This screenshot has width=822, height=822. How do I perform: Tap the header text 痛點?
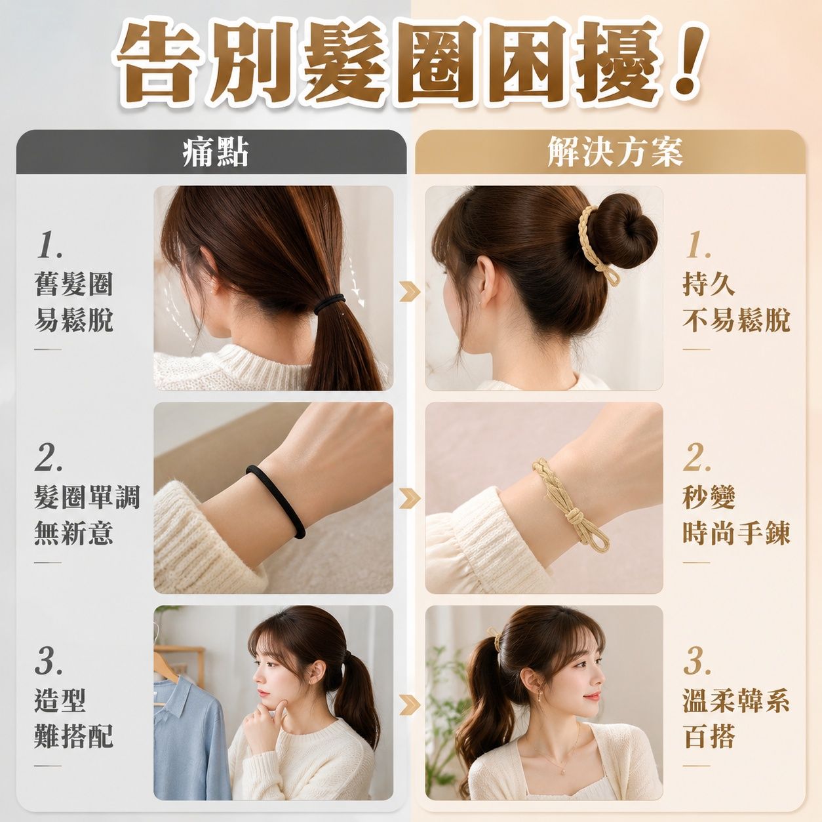click(216, 152)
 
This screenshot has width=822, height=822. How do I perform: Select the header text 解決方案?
click(615, 152)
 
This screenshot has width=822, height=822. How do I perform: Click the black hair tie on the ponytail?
click(329, 303)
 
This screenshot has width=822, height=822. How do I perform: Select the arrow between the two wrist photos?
click(410, 498)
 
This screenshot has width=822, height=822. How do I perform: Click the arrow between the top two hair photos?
click(410, 292)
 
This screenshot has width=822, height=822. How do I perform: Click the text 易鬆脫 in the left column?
click(74, 319)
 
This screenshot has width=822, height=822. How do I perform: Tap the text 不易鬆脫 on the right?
click(736, 319)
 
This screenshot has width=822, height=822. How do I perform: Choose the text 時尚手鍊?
click(736, 533)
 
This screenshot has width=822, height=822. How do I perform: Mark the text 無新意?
click(74, 533)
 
